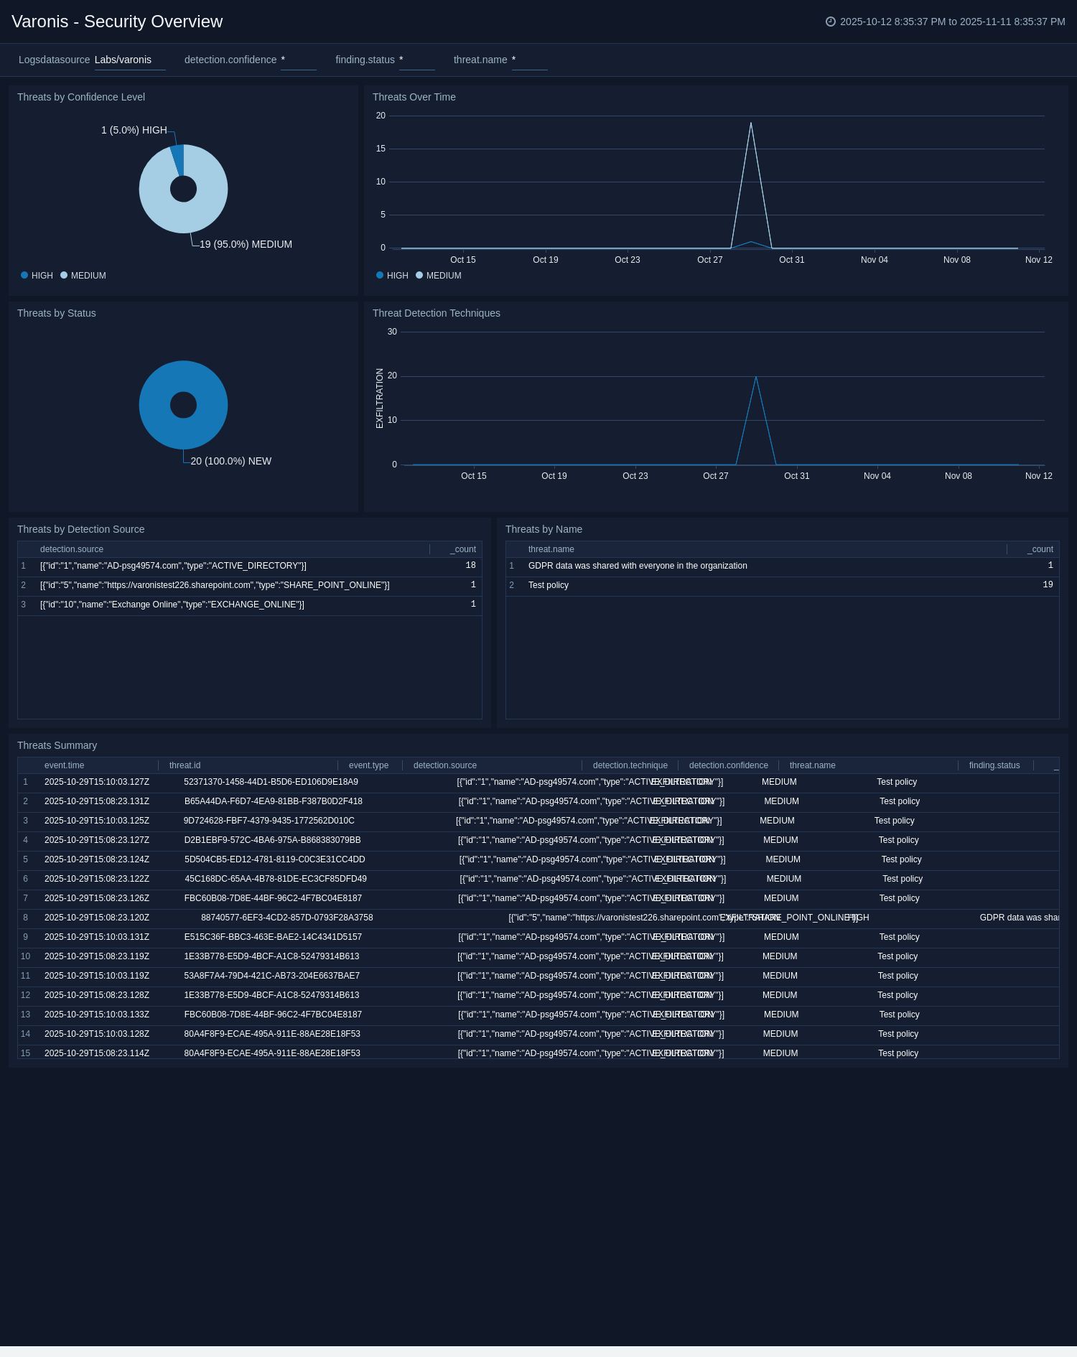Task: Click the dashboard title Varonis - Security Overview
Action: coord(117,22)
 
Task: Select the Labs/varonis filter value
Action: coord(123,60)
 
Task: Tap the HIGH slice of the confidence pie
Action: coord(177,159)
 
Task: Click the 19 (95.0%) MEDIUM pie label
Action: coord(246,244)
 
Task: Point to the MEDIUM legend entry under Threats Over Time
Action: coord(443,276)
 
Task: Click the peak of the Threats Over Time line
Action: coord(751,123)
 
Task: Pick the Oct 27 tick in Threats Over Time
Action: coord(709,260)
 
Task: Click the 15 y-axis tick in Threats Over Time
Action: coord(381,149)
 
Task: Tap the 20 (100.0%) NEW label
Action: coord(230,461)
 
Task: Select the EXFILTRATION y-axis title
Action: coord(380,398)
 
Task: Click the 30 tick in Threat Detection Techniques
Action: coord(392,332)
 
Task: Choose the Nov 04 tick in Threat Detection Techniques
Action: coord(877,476)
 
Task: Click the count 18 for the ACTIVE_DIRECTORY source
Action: coord(470,566)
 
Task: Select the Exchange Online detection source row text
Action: coord(172,605)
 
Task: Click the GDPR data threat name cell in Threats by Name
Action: coord(638,566)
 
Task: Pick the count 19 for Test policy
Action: coord(1048,585)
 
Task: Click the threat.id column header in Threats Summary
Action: coord(185,765)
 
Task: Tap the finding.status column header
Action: coord(994,765)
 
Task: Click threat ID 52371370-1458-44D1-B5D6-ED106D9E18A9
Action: coord(271,782)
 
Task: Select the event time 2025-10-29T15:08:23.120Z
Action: coord(97,918)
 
